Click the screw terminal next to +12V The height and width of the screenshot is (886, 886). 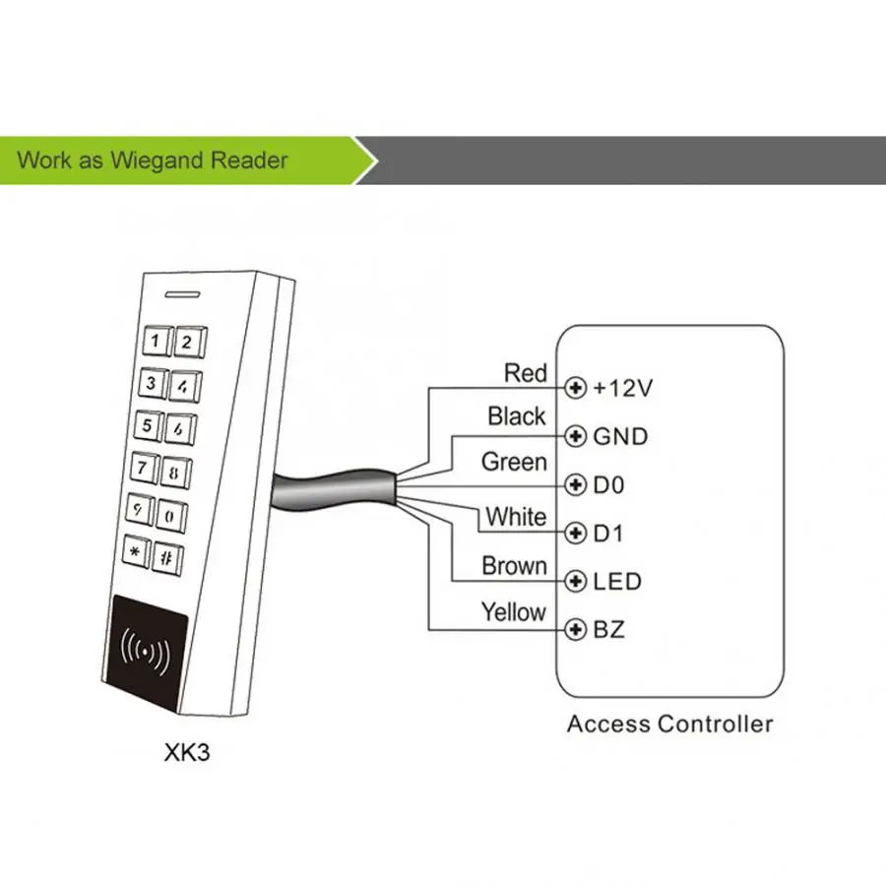[x=575, y=388]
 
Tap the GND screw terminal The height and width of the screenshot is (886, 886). [x=575, y=436]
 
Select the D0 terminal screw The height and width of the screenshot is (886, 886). [x=575, y=484]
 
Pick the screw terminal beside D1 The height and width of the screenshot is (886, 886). [x=575, y=533]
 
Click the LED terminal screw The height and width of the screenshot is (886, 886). [x=575, y=581]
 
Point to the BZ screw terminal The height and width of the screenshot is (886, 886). [x=575, y=629]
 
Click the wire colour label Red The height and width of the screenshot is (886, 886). [x=525, y=373]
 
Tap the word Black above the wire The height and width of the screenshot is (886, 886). [x=517, y=416]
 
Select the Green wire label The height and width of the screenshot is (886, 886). [x=514, y=462]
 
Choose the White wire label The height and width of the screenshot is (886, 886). [x=516, y=517]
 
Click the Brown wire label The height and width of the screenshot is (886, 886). [x=514, y=566]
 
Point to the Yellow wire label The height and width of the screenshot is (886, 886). [x=513, y=612]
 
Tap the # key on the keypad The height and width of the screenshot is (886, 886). [x=166, y=559]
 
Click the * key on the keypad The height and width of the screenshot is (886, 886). [x=135, y=552]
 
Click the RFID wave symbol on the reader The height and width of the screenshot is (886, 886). [x=146, y=652]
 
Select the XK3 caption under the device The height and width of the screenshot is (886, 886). [x=186, y=752]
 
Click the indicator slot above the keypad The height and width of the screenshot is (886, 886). [x=182, y=294]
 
